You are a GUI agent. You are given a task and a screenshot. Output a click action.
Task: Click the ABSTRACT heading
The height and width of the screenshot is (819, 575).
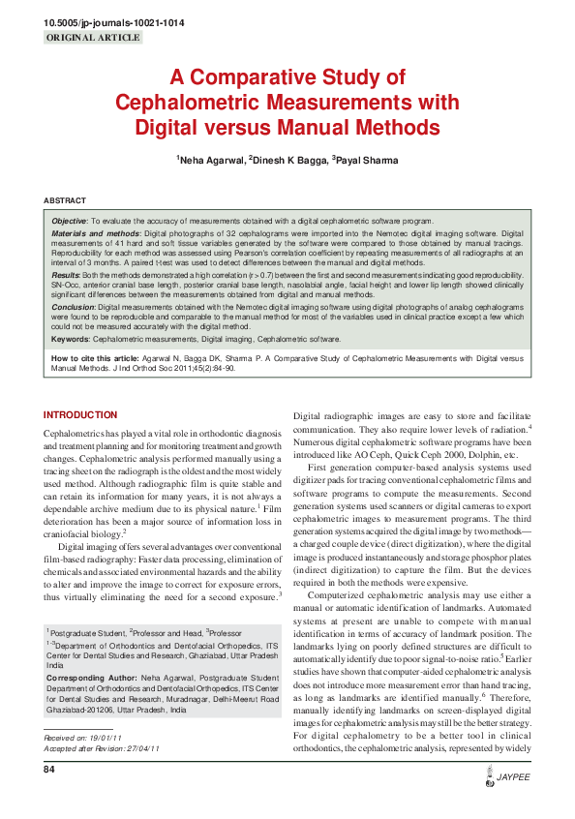(x=65, y=200)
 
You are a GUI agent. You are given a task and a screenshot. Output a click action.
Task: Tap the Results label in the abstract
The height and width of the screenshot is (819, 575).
(x=67, y=276)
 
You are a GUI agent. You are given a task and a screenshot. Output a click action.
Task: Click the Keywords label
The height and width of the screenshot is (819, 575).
(x=71, y=340)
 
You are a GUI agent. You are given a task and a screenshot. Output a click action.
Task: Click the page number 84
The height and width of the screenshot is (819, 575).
(x=48, y=770)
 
